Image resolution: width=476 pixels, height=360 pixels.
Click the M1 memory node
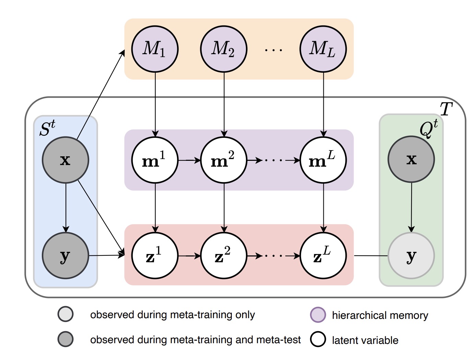pyautogui.click(x=155, y=49)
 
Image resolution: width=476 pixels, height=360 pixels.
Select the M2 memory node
pyautogui.click(x=224, y=49)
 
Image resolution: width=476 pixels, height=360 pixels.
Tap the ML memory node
pyautogui.click(x=323, y=49)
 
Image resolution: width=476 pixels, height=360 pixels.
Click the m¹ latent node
pyautogui.click(x=155, y=160)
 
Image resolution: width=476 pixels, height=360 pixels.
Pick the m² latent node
pyautogui.click(x=224, y=160)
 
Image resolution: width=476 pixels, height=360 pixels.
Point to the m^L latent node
pyautogui.click(x=323, y=160)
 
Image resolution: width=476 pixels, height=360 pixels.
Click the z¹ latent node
pyautogui.click(x=155, y=256)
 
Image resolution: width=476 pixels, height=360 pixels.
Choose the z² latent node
pyautogui.click(x=224, y=256)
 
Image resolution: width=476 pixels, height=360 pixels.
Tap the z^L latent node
pyautogui.click(x=323, y=256)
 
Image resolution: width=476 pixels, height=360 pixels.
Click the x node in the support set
pyautogui.click(x=66, y=160)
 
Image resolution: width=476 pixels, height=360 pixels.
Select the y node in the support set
pyautogui.click(x=66, y=255)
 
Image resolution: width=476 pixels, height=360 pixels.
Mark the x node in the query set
pyautogui.click(x=411, y=159)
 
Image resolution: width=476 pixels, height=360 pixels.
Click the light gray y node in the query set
pyautogui.click(x=411, y=255)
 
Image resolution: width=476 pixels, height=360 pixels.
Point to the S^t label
pyautogui.click(x=47, y=129)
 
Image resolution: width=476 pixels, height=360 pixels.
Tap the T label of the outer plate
pyautogui.click(x=446, y=109)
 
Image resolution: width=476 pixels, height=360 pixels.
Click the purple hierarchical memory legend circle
pyautogui.click(x=318, y=315)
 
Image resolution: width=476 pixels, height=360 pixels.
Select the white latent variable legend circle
pyautogui.click(x=318, y=339)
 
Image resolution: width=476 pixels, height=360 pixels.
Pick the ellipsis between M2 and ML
pyautogui.click(x=273, y=50)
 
